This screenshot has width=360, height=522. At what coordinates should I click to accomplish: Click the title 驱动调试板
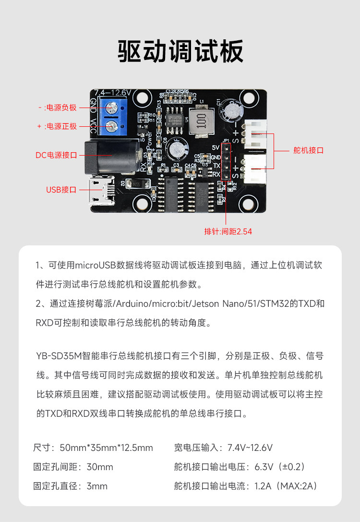coord(180,51)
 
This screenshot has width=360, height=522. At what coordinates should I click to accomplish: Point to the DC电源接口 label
coord(56,155)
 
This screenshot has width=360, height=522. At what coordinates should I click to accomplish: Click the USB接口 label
coord(61,190)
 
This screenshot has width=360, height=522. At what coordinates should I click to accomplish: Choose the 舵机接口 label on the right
coord(309,150)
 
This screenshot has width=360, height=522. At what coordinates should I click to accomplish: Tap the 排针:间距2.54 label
coord(228,231)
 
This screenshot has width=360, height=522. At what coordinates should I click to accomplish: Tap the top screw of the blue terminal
coord(113,107)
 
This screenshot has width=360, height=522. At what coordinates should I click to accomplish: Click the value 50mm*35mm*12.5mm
coord(106,448)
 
